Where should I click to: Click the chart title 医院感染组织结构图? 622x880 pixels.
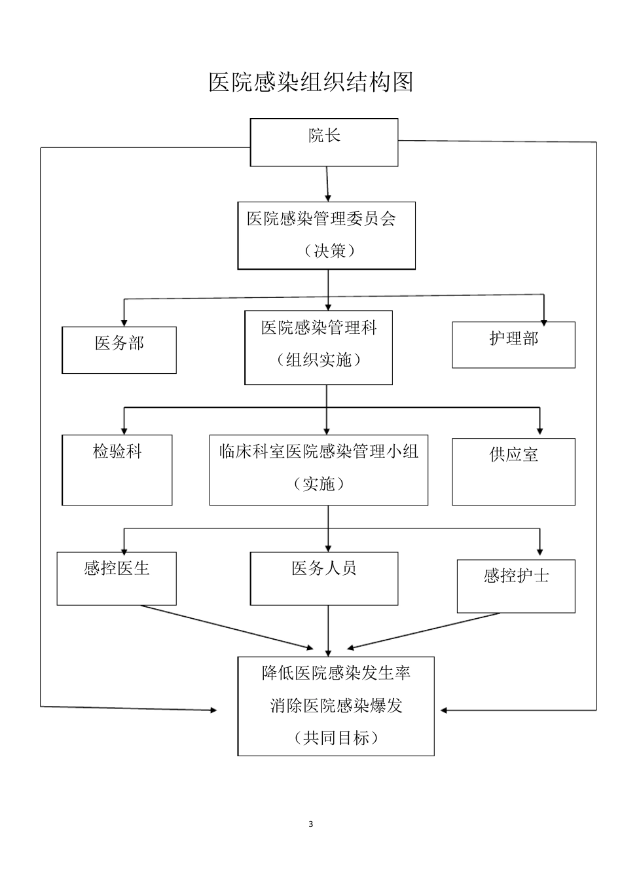pos(311,82)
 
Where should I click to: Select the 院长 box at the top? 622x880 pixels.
pos(324,142)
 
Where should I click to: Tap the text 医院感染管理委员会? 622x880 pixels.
pos(321,219)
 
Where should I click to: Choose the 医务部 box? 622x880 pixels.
pos(119,350)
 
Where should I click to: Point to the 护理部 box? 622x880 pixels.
pos(513,344)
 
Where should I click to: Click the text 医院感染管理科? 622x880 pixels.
pos(319,327)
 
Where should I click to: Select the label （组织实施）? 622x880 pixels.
pos(319,359)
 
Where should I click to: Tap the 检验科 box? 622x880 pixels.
pos(117,469)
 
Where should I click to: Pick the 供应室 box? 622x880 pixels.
pos(513,471)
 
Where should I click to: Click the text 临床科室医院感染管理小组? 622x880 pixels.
pos(319,452)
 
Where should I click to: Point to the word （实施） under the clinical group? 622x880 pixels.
pos(319,484)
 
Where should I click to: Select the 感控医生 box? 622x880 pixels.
pos(117,578)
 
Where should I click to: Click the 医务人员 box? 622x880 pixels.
pos(324,578)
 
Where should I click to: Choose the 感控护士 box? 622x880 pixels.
pos(516,586)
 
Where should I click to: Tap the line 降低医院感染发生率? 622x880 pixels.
pos(336,673)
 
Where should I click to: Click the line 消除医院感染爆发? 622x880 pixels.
pos(336,706)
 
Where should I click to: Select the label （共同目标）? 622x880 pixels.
pos(336,738)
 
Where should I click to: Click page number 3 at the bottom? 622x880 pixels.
pos(311,824)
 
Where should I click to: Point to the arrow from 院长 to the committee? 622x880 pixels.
pos(327,184)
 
